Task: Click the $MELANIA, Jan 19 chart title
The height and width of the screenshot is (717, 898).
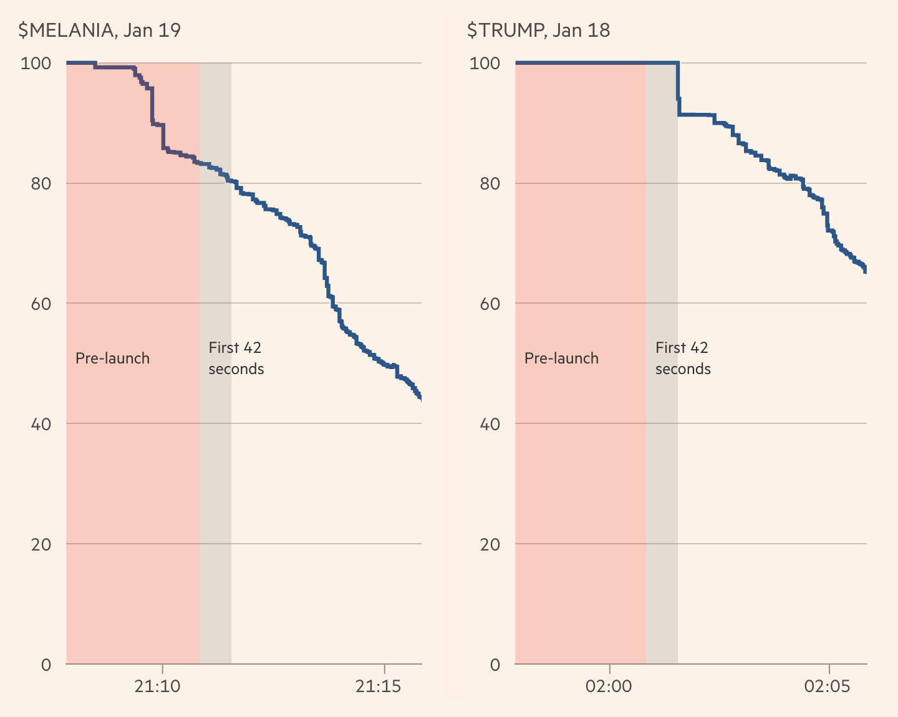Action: point(100,31)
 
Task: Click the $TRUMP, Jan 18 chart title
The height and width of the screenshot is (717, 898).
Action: point(538,31)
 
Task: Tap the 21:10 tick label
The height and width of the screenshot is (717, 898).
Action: point(158,687)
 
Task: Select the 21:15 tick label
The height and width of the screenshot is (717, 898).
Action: point(378,687)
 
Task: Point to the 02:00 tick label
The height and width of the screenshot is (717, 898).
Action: point(609,687)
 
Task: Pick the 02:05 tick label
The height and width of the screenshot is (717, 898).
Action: point(827,687)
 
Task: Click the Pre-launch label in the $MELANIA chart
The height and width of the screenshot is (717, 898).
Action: point(112,358)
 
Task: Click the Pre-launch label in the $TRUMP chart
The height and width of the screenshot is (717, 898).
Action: point(561,358)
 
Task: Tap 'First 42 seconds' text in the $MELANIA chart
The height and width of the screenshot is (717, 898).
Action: point(236,358)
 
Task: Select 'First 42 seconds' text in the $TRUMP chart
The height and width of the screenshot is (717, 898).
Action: point(683,358)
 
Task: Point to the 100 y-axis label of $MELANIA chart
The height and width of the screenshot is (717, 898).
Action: point(36,64)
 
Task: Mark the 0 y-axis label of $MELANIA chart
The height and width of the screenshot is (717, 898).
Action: point(46,665)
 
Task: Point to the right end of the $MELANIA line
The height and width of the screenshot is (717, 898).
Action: point(420,398)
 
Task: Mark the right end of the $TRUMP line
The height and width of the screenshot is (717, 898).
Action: point(866,269)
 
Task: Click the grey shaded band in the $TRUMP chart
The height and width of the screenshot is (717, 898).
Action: point(662,499)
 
